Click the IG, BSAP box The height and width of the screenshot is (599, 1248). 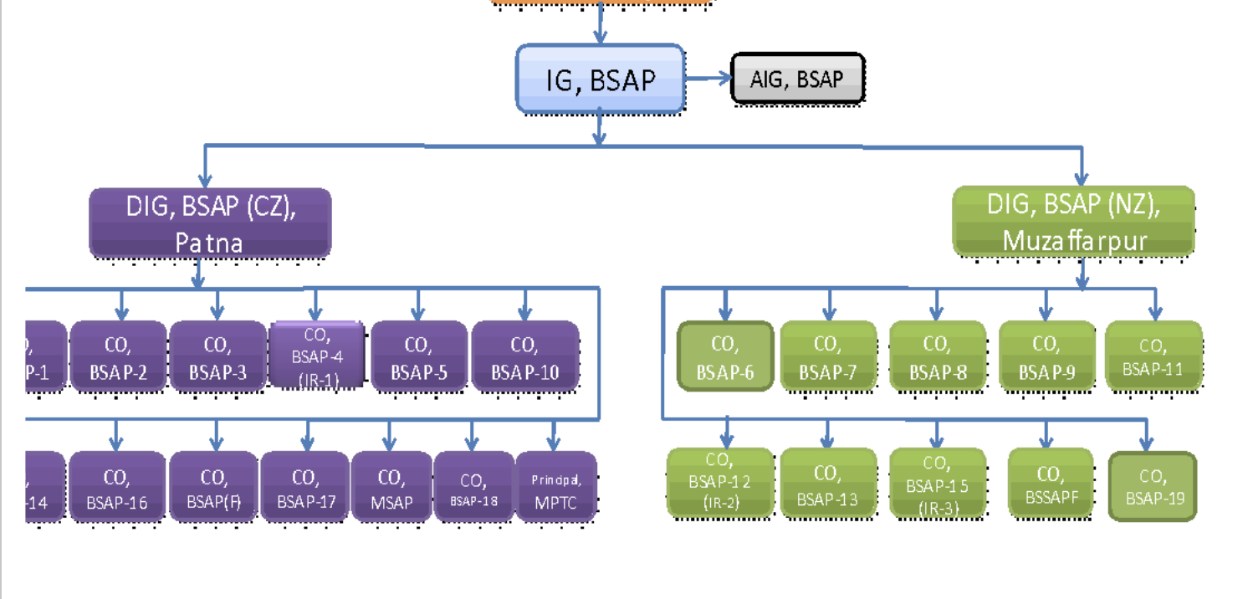[600, 79]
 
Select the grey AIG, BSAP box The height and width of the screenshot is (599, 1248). [797, 79]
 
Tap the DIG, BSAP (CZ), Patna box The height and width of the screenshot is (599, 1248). [210, 223]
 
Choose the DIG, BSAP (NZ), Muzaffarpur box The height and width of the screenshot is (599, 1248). [1074, 222]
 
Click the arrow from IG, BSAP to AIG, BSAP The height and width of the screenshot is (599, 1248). [708, 79]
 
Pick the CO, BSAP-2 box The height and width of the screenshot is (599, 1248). [118, 356]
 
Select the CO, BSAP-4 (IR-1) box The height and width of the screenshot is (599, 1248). [316, 356]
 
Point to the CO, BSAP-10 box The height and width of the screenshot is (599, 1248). [524, 356]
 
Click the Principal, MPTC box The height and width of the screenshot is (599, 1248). [555, 488]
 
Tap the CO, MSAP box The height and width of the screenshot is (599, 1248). [390, 488]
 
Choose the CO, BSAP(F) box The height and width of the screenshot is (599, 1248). [213, 488]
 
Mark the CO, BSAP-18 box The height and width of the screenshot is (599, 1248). [473, 488]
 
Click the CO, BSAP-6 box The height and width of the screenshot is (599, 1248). [724, 356]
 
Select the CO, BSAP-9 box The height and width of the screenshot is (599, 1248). [1046, 356]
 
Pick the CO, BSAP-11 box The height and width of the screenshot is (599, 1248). [1153, 356]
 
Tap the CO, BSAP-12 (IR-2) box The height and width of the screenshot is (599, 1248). [720, 483]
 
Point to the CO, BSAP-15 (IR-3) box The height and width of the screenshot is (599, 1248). [937, 484]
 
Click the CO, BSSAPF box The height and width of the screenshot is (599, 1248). [1051, 484]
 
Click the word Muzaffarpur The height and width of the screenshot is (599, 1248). [1074, 241]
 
